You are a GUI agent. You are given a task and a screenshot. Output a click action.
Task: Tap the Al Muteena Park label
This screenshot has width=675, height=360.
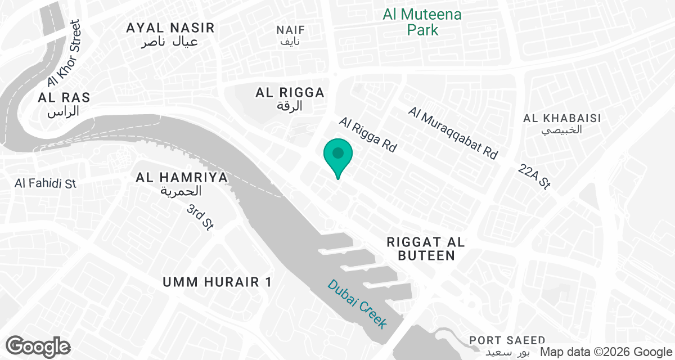(422, 22)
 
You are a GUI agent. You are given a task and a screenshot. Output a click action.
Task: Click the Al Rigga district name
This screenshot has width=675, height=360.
(290, 98)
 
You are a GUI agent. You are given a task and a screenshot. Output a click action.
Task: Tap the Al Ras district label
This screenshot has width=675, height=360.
(64, 104)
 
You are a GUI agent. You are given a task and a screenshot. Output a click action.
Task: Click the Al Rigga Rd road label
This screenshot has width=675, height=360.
(368, 136)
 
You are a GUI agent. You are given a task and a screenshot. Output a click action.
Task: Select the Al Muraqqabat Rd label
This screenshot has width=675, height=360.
(453, 133)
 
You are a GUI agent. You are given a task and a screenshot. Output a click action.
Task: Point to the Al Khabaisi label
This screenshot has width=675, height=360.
(562, 124)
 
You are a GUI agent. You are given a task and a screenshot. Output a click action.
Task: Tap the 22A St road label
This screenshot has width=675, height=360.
(535, 176)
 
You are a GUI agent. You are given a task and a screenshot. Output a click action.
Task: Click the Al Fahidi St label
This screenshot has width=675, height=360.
(46, 183)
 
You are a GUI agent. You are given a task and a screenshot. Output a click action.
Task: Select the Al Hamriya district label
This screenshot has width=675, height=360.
(182, 184)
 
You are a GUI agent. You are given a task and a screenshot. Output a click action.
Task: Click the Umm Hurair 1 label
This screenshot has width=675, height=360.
(217, 282)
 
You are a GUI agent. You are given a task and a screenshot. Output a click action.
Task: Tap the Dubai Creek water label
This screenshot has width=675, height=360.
(358, 304)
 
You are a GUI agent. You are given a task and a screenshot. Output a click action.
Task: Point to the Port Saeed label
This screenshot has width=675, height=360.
(507, 346)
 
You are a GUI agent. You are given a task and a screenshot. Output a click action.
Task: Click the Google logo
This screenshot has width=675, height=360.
(38, 346)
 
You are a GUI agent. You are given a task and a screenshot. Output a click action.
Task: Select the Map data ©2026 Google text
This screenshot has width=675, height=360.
(606, 352)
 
